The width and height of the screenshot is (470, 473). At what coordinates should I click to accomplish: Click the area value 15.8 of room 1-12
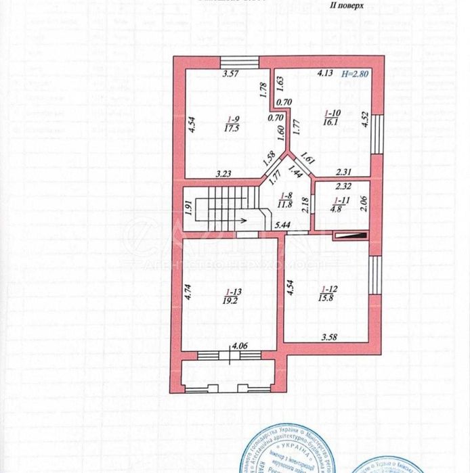point(329,295)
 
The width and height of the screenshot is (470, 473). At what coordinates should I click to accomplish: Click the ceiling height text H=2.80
point(355,76)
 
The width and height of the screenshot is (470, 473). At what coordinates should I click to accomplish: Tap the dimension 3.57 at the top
point(233,75)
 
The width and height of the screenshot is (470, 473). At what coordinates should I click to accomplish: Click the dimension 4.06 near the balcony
point(240,346)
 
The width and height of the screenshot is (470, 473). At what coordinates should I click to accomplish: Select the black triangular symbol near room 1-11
point(351,236)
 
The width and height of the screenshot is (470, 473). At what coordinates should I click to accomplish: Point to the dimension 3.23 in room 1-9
point(223,173)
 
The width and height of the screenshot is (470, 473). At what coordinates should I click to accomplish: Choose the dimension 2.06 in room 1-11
point(364,201)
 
